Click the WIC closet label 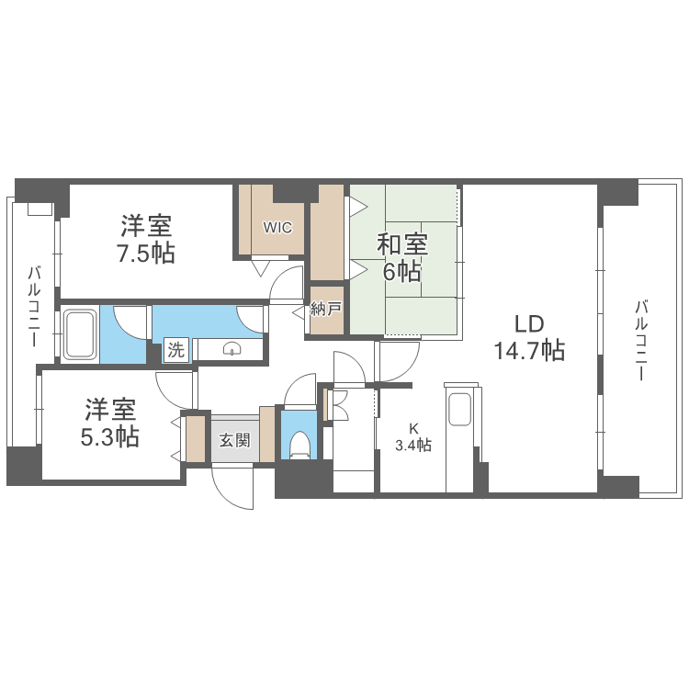pyautogui.click(x=277, y=227)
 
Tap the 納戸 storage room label pyautogui.click(x=325, y=310)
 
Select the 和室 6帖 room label pyautogui.click(x=402, y=258)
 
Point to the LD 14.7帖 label pyautogui.click(x=528, y=337)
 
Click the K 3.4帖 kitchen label pyautogui.click(x=413, y=437)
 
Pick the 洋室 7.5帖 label pyautogui.click(x=147, y=239)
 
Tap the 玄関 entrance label pyautogui.click(x=234, y=440)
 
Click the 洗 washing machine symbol pyautogui.click(x=175, y=350)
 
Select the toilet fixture pyautogui.click(x=298, y=445)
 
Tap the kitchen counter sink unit pyautogui.click(x=458, y=409)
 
